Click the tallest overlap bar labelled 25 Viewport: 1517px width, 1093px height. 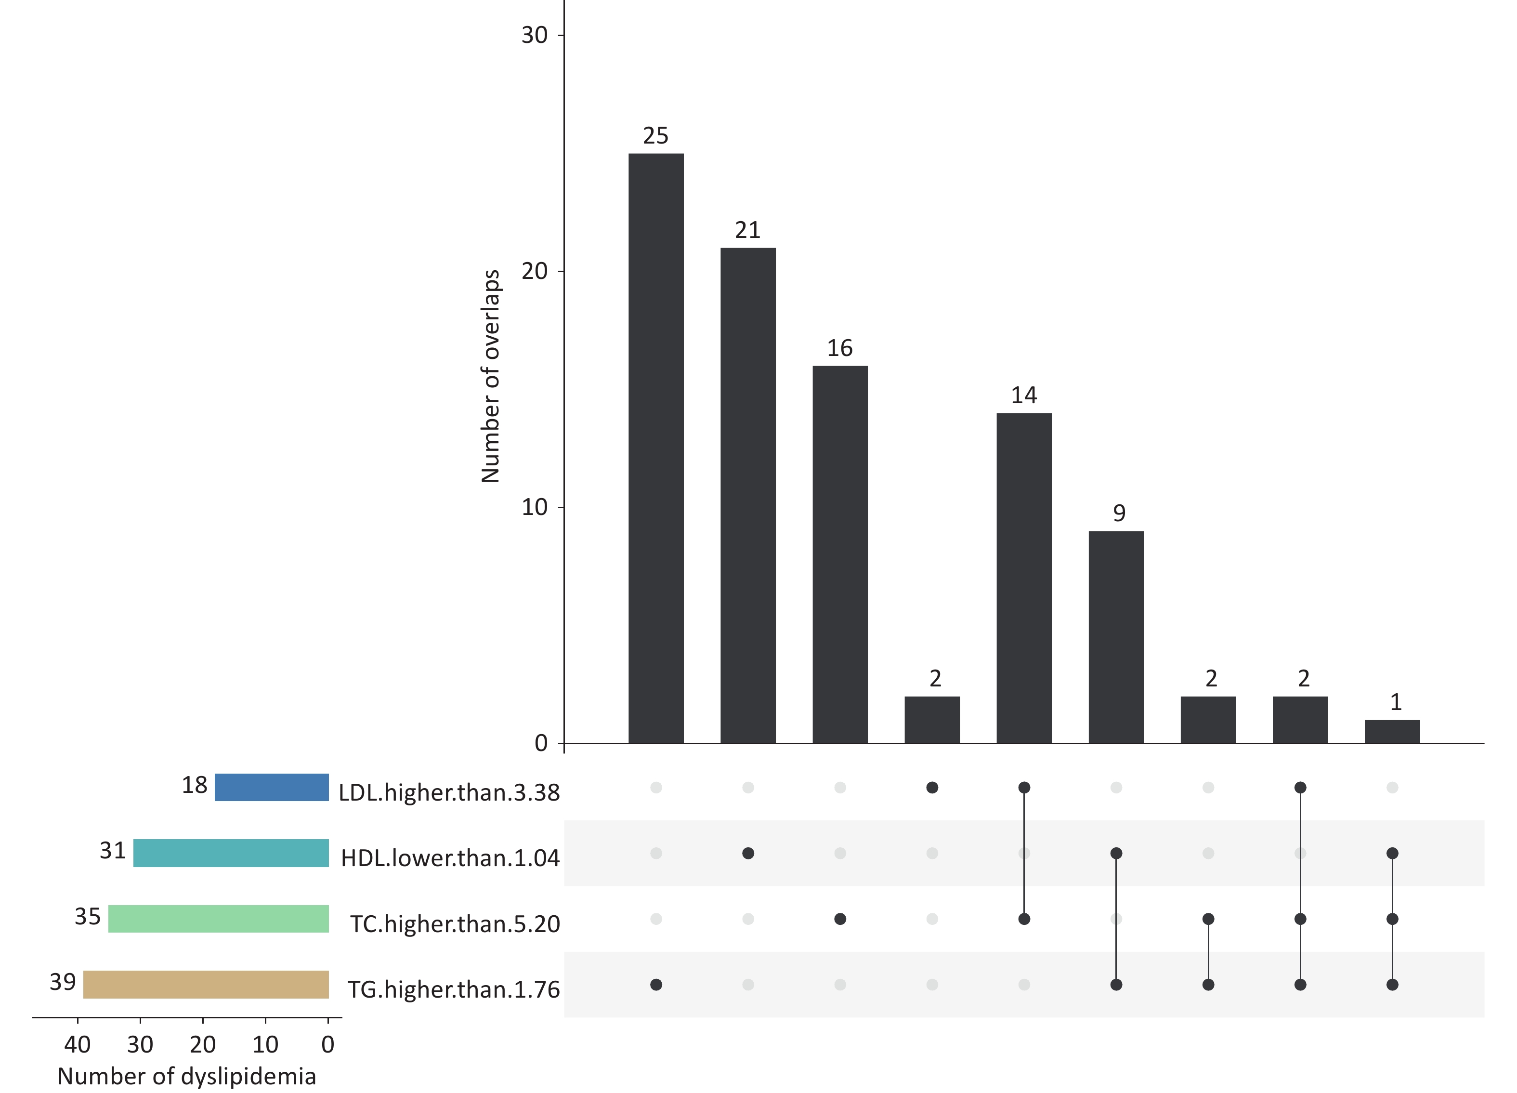coord(655,448)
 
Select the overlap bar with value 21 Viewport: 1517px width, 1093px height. coord(748,495)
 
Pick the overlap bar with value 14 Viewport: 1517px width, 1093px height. coord(1024,578)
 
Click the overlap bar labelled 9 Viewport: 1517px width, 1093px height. coord(1116,637)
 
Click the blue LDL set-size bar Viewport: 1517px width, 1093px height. coord(272,787)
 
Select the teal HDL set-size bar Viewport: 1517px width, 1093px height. coord(231,853)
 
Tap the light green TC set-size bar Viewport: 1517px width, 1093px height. coord(218,919)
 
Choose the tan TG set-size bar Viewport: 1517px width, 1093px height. coord(206,984)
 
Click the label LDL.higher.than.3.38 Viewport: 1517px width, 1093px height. coord(449,793)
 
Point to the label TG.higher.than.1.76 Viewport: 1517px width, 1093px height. coord(454,989)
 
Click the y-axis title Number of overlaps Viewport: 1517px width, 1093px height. coord(490,376)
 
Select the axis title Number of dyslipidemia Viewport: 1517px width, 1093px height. coord(187,1076)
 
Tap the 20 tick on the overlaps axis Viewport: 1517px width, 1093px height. coord(535,272)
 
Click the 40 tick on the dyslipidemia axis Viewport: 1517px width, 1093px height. coord(78,1044)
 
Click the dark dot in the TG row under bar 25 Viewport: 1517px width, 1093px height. coord(656,984)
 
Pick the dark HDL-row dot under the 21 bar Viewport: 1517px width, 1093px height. coord(748,853)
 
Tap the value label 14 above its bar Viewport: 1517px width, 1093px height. coord(1024,395)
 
